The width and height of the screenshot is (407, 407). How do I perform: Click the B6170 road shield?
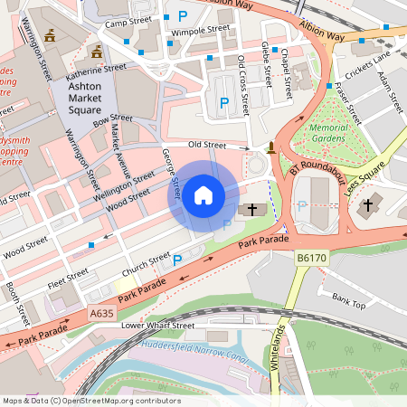(311, 259)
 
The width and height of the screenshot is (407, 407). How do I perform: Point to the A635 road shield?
(102, 313)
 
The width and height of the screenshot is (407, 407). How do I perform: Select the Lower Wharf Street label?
(158, 325)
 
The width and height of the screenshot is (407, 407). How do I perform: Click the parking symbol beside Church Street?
(177, 260)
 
